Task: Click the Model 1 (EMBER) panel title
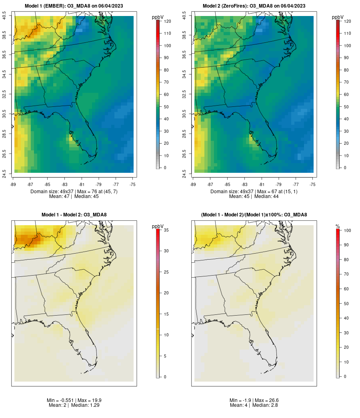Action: tap(74, 6)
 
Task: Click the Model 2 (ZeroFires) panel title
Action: tap(254, 6)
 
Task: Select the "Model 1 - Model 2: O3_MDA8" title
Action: tap(74, 215)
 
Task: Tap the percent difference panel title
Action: tap(254, 215)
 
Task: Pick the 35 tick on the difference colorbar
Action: tap(166, 230)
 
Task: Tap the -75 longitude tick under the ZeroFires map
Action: tap(312, 184)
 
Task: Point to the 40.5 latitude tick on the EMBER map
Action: tap(4, 16)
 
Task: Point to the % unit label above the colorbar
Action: tap(338, 227)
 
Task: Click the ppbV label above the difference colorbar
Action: tap(158, 227)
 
